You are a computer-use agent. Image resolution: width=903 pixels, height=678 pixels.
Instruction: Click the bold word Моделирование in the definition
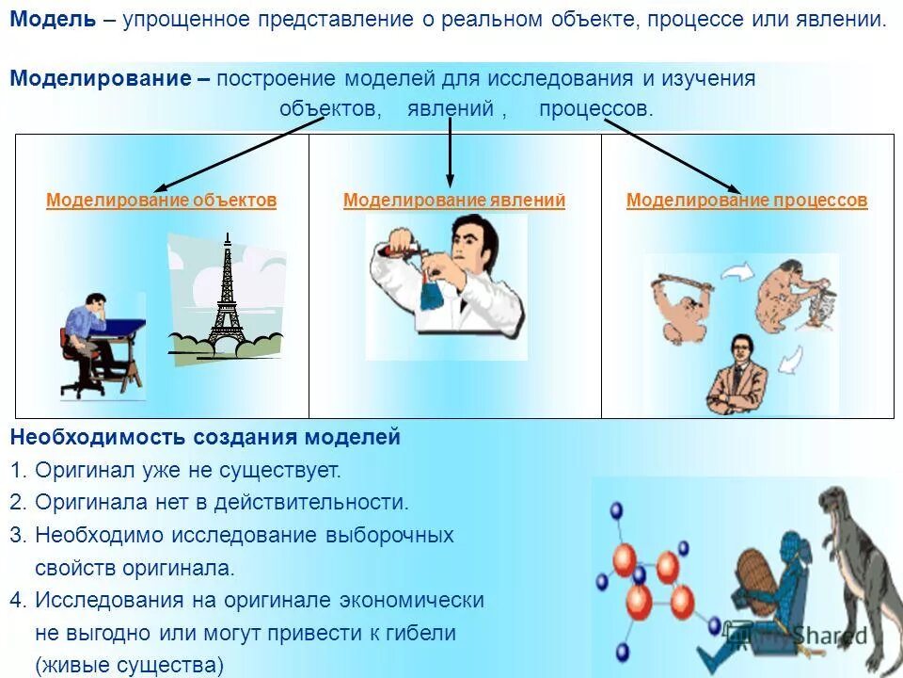[x=101, y=79]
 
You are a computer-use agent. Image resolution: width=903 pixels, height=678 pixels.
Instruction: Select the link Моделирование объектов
[x=162, y=201]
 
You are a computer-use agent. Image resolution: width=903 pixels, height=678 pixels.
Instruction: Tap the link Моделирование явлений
[x=454, y=201]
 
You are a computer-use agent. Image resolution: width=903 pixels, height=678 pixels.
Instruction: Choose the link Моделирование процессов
[x=747, y=201]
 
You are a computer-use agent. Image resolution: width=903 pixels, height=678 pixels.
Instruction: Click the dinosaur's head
[x=837, y=505]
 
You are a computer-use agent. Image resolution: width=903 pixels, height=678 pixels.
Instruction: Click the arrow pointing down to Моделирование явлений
[x=451, y=151]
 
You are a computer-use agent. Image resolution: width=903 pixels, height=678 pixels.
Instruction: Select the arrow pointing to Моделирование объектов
[x=235, y=155]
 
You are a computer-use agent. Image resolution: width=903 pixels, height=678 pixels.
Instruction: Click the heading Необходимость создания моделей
[x=205, y=438]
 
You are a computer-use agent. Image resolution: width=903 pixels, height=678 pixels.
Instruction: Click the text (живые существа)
[x=130, y=666]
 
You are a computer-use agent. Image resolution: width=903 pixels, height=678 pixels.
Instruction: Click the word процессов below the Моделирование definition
[x=595, y=109]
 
